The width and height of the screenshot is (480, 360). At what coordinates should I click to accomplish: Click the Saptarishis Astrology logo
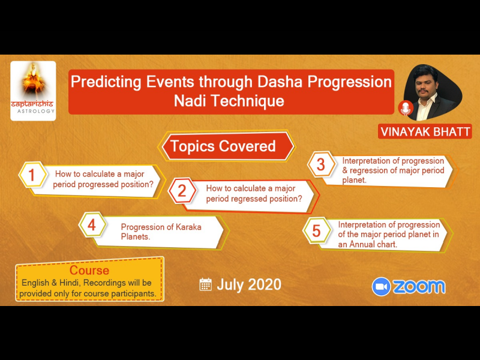(x=33, y=91)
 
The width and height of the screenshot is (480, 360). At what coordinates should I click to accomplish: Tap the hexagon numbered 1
(x=33, y=175)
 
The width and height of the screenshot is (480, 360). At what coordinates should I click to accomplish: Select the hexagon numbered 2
(x=182, y=191)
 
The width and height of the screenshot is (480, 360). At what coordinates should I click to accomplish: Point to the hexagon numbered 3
(x=321, y=164)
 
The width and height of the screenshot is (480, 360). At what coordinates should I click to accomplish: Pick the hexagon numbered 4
(x=92, y=225)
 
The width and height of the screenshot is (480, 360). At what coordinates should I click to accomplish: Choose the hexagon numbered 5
(x=317, y=230)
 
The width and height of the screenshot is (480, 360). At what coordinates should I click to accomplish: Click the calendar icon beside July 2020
(x=205, y=284)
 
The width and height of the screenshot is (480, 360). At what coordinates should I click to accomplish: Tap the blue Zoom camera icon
(x=381, y=287)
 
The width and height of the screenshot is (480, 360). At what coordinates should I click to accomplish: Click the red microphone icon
(x=406, y=108)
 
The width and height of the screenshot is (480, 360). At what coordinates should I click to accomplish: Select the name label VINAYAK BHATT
(x=425, y=131)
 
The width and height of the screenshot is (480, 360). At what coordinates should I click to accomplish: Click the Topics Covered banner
(x=227, y=146)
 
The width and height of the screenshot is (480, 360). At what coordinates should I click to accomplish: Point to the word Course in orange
(x=89, y=271)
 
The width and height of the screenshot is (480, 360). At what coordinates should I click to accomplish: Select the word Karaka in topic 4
(x=188, y=227)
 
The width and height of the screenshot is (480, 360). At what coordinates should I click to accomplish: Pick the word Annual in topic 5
(x=363, y=244)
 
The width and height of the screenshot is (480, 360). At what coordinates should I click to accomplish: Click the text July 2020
(x=249, y=284)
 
